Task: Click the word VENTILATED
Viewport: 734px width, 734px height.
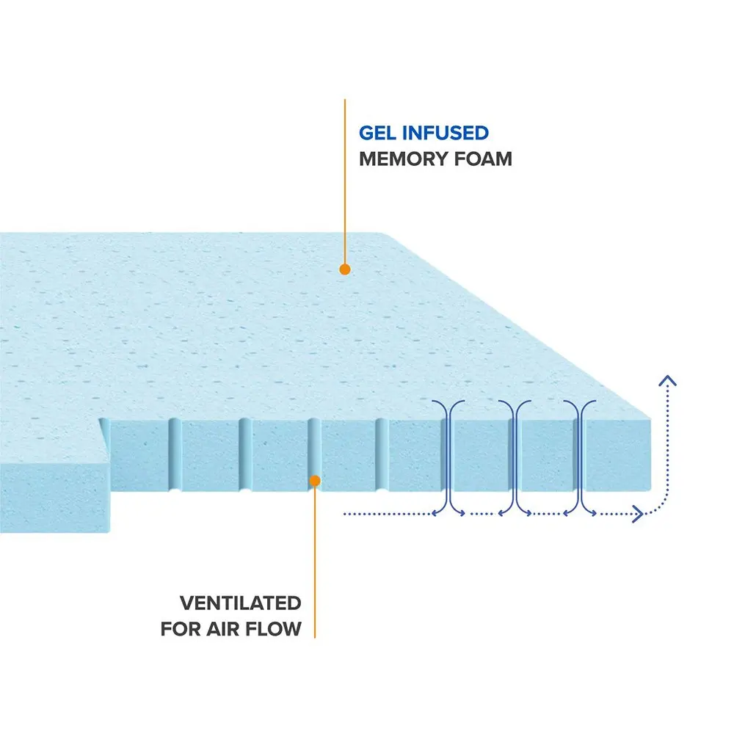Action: [241, 603]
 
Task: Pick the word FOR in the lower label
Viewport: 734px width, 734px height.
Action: [181, 629]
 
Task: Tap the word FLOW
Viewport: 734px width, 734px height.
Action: [277, 629]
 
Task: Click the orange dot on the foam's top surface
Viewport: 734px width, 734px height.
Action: [345, 269]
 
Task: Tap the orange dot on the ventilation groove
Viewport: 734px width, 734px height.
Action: [314, 481]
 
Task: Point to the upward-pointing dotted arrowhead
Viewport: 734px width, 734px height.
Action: [667, 380]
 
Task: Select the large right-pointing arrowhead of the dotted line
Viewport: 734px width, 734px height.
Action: [637, 514]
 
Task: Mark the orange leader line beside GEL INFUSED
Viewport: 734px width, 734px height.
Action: [345, 183]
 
